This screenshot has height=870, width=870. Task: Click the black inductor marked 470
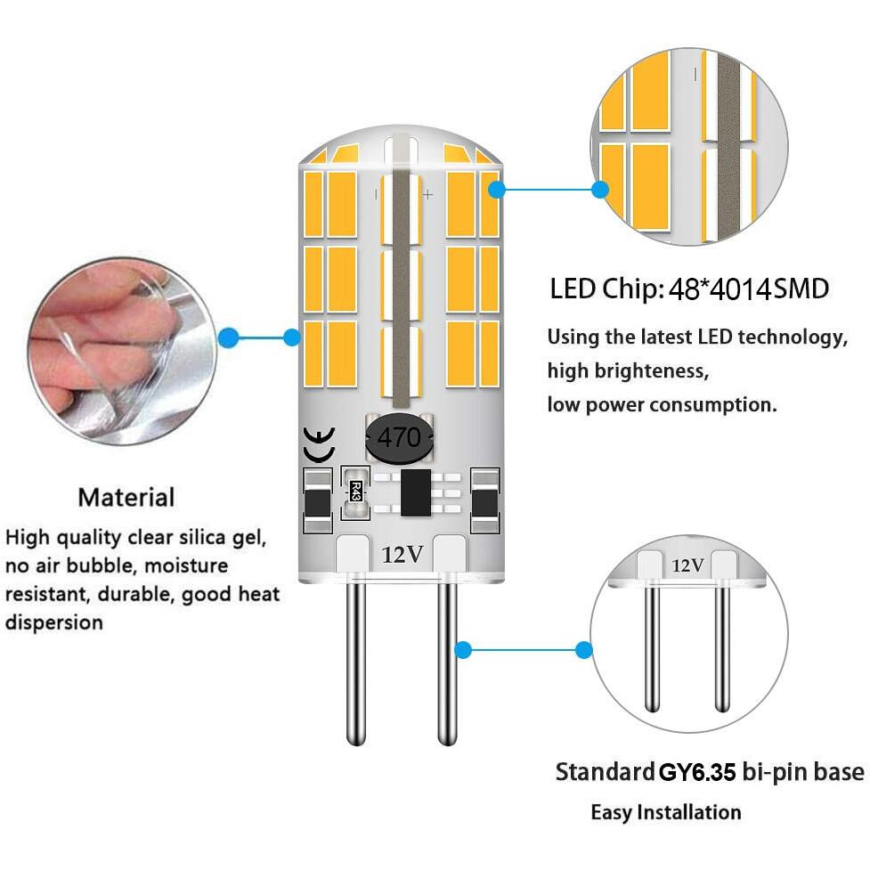click(x=400, y=438)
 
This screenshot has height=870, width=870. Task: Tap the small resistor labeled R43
click(x=355, y=491)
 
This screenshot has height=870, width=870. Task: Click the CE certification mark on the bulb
click(x=319, y=445)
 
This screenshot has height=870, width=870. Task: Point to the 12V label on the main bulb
click(x=402, y=554)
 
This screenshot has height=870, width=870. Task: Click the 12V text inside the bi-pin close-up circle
click(x=687, y=565)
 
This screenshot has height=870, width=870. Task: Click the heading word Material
click(x=126, y=497)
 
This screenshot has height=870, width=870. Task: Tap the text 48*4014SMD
click(x=749, y=289)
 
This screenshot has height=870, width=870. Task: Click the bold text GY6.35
click(x=697, y=772)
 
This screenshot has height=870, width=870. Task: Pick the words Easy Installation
click(x=666, y=812)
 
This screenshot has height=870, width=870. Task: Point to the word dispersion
click(x=53, y=622)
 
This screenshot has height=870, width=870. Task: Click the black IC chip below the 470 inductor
click(x=416, y=492)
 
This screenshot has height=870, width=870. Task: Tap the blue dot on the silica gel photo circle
click(x=229, y=337)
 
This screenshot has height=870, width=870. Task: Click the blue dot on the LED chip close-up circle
click(x=600, y=190)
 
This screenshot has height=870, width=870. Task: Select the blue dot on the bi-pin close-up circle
click(x=583, y=650)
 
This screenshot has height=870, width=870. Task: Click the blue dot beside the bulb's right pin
click(x=463, y=650)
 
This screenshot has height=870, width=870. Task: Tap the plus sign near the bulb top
click(x=427, y=195)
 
